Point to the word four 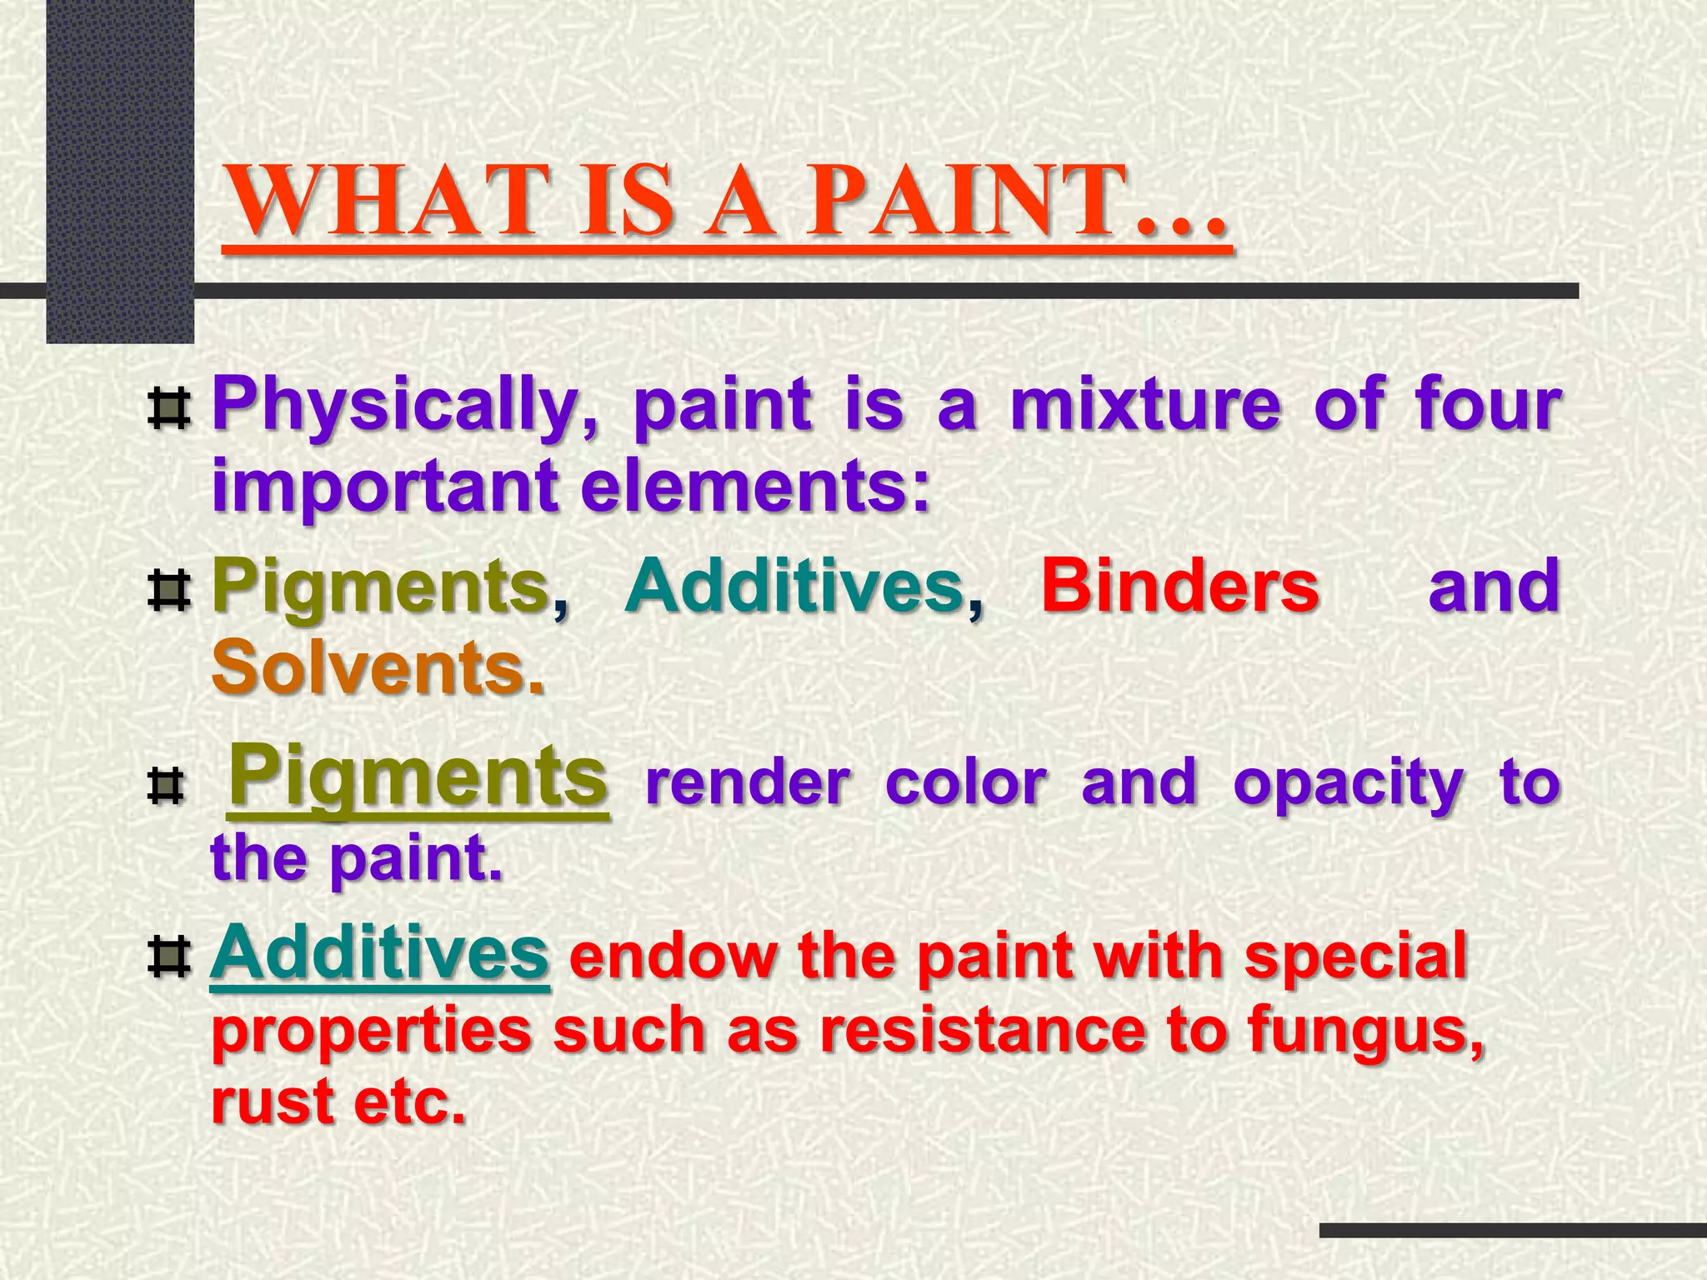[x=1487, y=405]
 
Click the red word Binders [x=1179, y=586]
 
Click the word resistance [x=983, y=1032]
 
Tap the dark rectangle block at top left [x=120, y=167]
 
